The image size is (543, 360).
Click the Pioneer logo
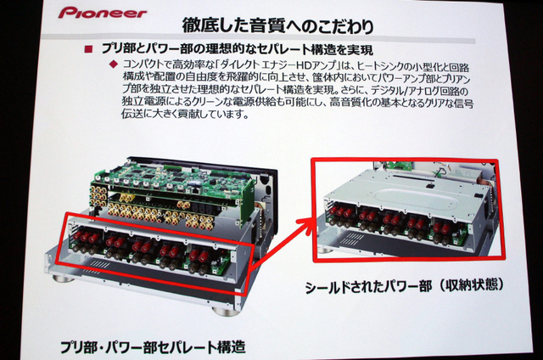103,13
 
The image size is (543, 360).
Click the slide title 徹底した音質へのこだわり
278,25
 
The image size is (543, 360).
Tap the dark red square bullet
88,49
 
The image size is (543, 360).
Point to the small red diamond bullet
113,64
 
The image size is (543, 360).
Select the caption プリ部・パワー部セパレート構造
153,347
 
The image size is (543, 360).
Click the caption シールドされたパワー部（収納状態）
404,285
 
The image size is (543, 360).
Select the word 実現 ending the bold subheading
359,50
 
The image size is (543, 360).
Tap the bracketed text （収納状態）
469,284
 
